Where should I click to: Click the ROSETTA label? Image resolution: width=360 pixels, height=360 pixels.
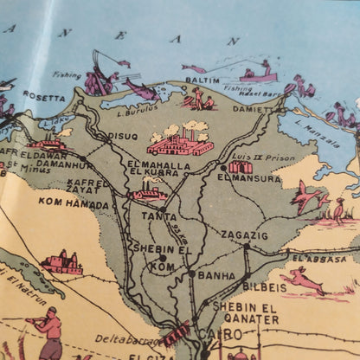coord(44,95)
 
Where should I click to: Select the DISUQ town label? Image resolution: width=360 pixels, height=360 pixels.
coord(121,136)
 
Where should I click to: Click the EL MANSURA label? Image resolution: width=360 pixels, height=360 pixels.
coord(249,178)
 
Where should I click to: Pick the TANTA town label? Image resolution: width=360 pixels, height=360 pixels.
coord(160,218)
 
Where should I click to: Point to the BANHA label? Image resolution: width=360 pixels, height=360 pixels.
coord(216,276)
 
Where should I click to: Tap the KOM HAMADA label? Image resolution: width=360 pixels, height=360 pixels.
coord(74,205)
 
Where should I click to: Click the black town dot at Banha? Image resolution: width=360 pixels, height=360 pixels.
coord(192,273)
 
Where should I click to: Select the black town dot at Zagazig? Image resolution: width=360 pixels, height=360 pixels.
coord(246,247)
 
